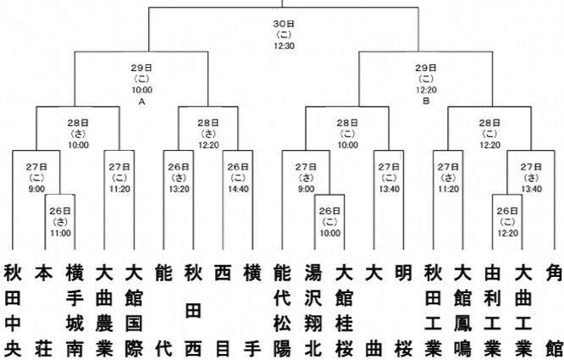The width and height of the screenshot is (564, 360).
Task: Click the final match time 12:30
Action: (284, 45)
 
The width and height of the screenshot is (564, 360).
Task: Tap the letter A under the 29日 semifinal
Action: (142, 100)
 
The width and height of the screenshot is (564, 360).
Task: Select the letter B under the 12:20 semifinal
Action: (426, 100)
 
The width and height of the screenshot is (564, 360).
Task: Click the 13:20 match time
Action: (178, 179)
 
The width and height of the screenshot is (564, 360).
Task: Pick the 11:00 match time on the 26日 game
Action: (60, 232)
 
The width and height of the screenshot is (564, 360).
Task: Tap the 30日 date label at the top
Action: (284, 23)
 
